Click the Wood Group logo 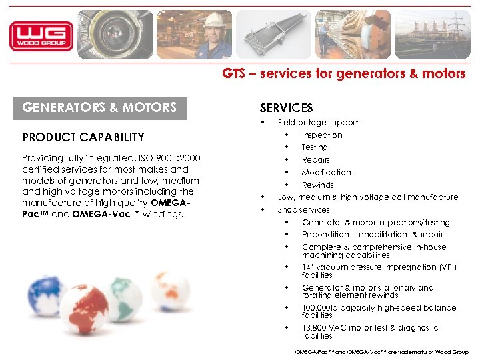[x=41, y=35]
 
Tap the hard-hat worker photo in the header [x=194, y=35]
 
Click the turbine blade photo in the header [x=273, y=35]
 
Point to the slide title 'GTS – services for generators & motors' [x=344, y=74]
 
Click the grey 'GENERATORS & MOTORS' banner [x=100, y=107]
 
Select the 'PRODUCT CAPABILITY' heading [x=83, y=137]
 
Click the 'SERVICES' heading [x=286, y=108]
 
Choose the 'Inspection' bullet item [x=322, y=135]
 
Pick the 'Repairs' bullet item [x=316, y=160]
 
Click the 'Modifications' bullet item [x=328, y=173]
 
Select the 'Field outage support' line [x=318, y=123]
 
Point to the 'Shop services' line [x=304, y=210]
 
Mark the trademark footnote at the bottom [x=381, y=352]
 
